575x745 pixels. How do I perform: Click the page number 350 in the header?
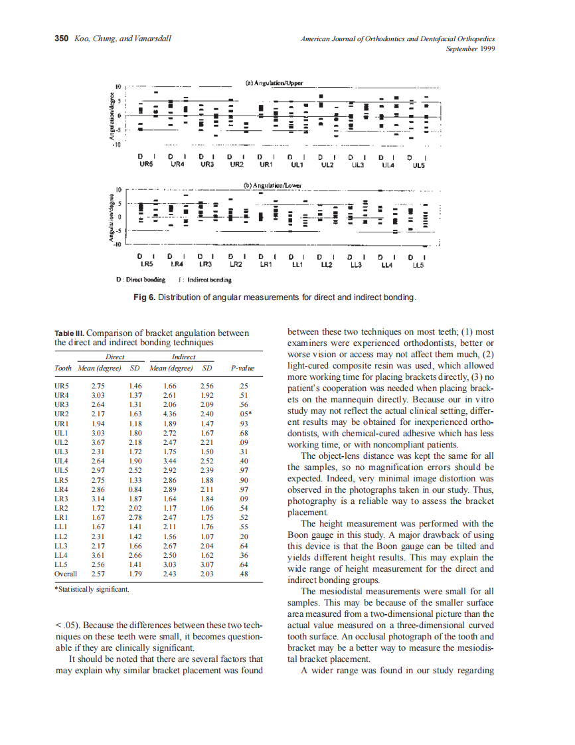click(61, 39)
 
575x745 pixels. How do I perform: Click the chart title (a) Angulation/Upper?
click(274, 83)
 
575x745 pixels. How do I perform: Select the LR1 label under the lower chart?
click(266, 264)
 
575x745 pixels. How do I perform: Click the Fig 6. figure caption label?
click(144, 297)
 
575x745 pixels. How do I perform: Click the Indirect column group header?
click(184, 357)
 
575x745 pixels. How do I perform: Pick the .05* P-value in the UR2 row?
click(244, 414)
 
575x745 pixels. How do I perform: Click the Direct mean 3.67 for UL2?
click(98, 442)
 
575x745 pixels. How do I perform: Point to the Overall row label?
click(66, 573)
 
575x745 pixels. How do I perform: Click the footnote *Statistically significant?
click(92, 589)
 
